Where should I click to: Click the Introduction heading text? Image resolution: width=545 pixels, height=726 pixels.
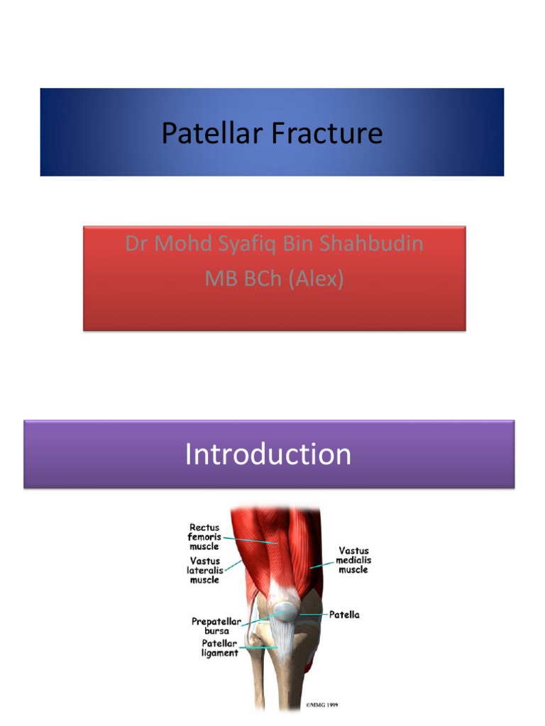[268, 454]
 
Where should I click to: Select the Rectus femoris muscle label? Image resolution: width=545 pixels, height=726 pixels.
[204, 537]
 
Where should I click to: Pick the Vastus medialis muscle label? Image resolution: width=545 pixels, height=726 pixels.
[353, 559]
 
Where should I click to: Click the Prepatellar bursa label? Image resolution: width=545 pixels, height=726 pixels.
[216, 626]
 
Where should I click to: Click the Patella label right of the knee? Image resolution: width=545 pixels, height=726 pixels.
[344, 615]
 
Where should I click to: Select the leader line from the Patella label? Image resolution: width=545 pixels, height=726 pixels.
[312, 614]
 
